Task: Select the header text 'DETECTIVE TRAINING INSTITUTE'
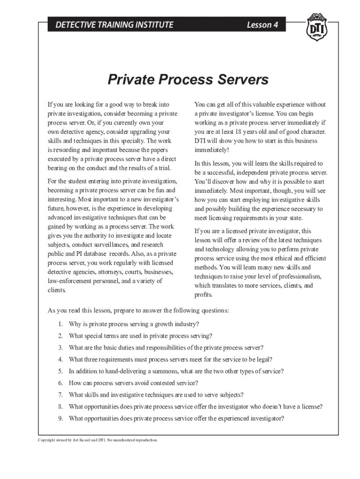pos(114,25)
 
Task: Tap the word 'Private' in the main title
pos(130,80)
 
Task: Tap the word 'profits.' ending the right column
pos(203,295)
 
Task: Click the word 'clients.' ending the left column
pos(57,290)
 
